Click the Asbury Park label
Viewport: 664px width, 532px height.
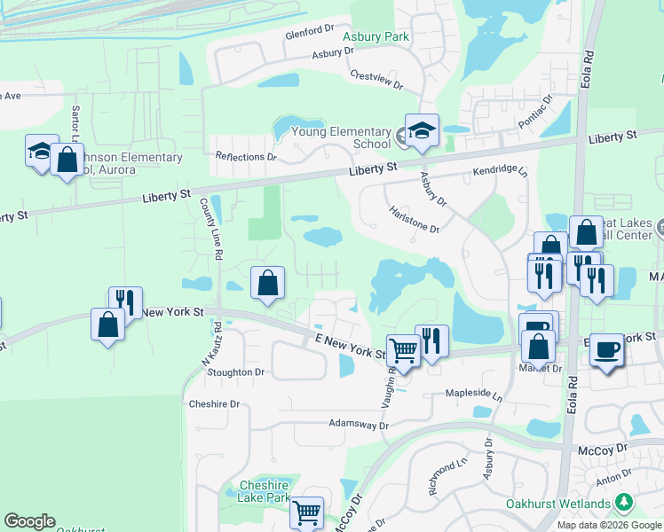pyautogui.click(x=376, y=36)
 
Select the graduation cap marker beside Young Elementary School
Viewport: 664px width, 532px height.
pyautogui.click(x=423, y=130)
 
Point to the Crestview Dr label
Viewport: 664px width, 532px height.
pyautogui.click(x=376, y=81)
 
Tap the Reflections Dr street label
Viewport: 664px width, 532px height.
pyautogui.click(x=246, y=156)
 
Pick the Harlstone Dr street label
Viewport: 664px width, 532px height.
pyautogui.click(x=414, y=219)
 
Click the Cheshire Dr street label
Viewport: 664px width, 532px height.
pyautogui.click(x=214, y=403)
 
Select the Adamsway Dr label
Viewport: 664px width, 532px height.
pyautogui.click(x=359, y=425)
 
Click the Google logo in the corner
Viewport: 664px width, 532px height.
pyautogui.click(x=29, y=521)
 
